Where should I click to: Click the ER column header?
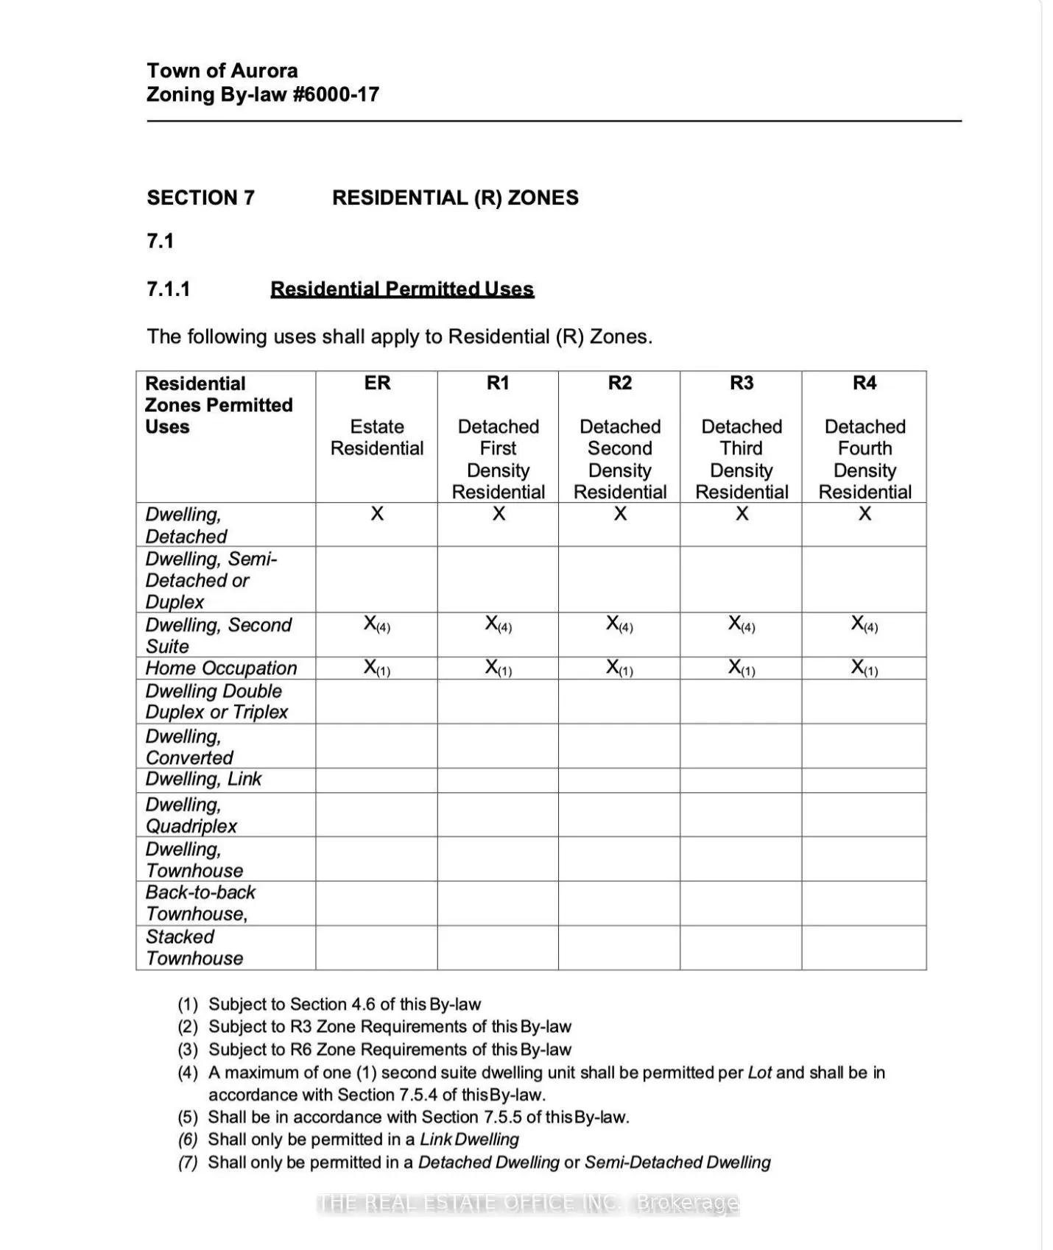pos(377,383)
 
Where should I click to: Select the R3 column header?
pos(742,383)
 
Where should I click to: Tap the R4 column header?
pos(864,383)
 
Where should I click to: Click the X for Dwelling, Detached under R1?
pos(499,514)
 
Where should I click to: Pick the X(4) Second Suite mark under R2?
pos(619,624)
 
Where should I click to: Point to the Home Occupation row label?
pos(221,668)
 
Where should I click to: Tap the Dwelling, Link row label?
pos(203,779)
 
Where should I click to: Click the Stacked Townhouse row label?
pos(194,947)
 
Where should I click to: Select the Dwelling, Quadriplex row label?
pos(191,815)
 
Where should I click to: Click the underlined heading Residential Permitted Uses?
pos(402,289)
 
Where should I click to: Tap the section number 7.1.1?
pos(169,289)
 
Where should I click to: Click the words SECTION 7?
pos(200,197)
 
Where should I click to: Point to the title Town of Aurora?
pos(222,71)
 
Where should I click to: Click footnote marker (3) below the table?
pos(189,1049)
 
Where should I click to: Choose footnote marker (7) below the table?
pos(189,1162)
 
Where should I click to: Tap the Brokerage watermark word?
pos(686,1203)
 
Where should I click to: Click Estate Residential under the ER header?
pos(377,437)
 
